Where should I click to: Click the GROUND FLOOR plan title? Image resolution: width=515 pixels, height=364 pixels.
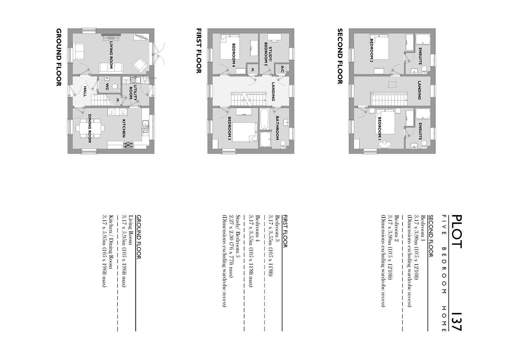(x=59, y=57)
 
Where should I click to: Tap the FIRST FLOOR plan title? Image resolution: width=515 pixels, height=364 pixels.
(x=199, y=51)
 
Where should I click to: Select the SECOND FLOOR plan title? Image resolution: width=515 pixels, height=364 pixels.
(x=340, y=56)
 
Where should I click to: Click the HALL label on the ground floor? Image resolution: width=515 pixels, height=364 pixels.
(x=85, y=91)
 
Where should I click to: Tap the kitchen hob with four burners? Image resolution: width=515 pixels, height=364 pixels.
(x=128, y=145)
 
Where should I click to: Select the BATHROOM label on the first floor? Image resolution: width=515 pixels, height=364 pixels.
(x=277, y=128)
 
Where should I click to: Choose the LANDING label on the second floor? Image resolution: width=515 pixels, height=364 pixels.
(x=420, y=90)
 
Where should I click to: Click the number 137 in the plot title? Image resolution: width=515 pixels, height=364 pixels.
(x=456, y=322)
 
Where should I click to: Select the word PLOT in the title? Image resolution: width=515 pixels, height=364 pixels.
(x=456, y=232)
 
